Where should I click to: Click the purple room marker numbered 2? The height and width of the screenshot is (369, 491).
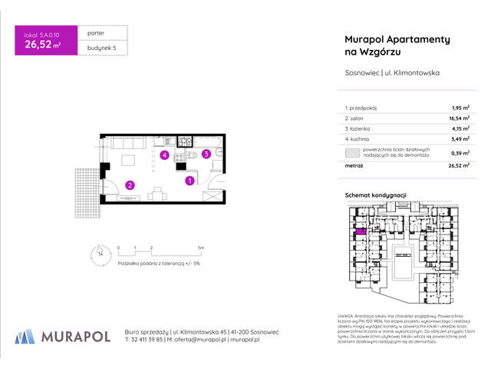(x=130, y=184)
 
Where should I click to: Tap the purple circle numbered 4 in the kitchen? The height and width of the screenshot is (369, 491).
(x=164, y=155)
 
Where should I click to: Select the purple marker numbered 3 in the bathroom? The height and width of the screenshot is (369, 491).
(x=206, y=154)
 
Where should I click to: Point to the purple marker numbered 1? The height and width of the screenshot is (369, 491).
(x=189, y=181)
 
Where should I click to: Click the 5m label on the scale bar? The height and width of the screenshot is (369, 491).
(x=201, y=248)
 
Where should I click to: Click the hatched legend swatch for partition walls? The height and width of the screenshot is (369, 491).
(x=352, y=152)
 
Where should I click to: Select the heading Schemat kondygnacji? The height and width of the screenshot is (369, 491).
(x=375, y=195)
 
